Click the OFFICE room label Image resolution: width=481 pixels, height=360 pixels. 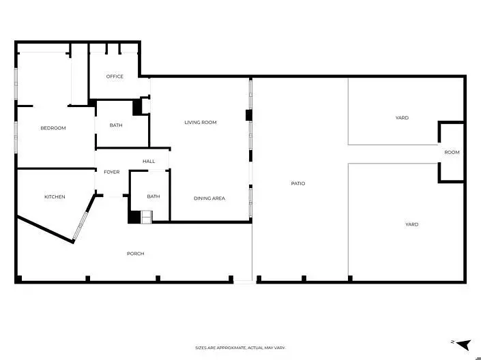tap(115, 76)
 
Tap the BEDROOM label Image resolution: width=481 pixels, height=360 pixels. tap(53, 128)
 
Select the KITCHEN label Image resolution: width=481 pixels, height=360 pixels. tap(55, 196)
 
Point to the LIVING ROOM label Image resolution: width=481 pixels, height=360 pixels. tap(201, 122)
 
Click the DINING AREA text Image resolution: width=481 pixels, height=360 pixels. tap(209, 198)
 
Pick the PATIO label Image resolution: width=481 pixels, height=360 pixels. tap(298, 183)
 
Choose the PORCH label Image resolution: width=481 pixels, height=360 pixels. tap(135, 254)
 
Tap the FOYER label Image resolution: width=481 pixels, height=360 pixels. tap(112, 172)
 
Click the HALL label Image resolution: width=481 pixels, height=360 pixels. tap(149, 162)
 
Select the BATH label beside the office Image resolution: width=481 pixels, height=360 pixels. tap(116, 125)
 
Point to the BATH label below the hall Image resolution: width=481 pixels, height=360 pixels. tap(154, 196)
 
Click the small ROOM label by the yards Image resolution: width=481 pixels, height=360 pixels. tap(452, 152)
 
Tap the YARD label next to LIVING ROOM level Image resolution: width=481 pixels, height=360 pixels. tap(402, 118)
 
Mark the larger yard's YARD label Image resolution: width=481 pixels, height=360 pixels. tap(411, 224)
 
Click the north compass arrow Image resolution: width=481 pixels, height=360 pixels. tap(464, 345)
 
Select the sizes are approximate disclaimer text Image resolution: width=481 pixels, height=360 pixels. tap(240, 348)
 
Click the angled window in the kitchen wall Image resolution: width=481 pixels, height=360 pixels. tap(80, 226)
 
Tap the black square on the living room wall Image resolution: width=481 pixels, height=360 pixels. tap(249, 115)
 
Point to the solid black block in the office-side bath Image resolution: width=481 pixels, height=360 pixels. tap(137, 108)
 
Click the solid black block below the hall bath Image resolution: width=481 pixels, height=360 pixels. tap(134, 217)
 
